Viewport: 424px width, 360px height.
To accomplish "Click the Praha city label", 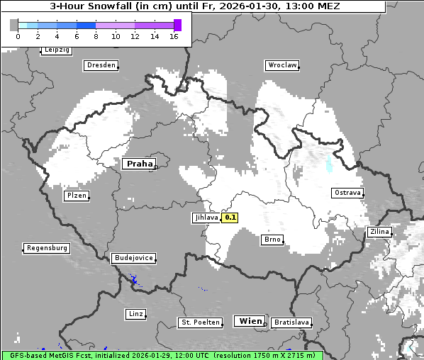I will pos(140,164).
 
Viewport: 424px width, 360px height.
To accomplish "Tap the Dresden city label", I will pos(101,65).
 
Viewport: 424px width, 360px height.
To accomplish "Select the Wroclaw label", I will pos(281,65).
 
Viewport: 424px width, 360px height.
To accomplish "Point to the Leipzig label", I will pos(56,50).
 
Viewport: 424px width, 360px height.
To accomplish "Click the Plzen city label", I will pos(77,196).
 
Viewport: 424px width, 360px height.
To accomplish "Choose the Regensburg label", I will pos(47,248).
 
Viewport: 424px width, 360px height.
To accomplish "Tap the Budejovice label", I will pos(133,258).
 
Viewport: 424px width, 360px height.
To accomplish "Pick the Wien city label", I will pos(251,321).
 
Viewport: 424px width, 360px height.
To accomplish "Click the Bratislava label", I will pos(291,322).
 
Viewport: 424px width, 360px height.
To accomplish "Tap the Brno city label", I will pos(272,240).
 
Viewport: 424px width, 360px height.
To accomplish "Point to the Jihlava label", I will pos(206,218).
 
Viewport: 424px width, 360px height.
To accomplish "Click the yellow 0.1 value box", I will pos(230,218).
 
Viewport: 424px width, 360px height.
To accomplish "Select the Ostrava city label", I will pos(347,193).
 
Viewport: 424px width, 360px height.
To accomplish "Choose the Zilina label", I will pos(379,232).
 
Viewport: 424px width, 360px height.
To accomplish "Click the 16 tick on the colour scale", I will pos(174,36).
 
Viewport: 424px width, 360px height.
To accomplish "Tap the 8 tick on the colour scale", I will pos(96,36).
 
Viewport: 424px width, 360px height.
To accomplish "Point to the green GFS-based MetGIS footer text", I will pos(162,355).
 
